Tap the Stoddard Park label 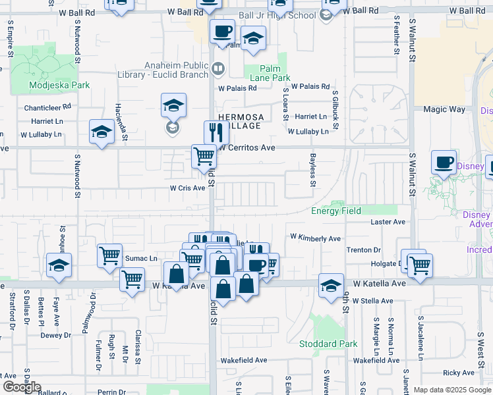[328, 344]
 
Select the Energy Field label [336, 211]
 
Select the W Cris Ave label [187, 188]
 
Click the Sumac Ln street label [142, 259]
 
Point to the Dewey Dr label [60, 335]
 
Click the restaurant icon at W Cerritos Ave [216, 132]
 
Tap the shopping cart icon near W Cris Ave [204, 157]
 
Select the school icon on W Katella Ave [332, 285]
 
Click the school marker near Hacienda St [102, 134]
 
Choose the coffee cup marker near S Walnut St [444, 162]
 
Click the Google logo [21, 387]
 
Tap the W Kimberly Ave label [315, 238]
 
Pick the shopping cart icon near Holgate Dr [419, 265]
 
